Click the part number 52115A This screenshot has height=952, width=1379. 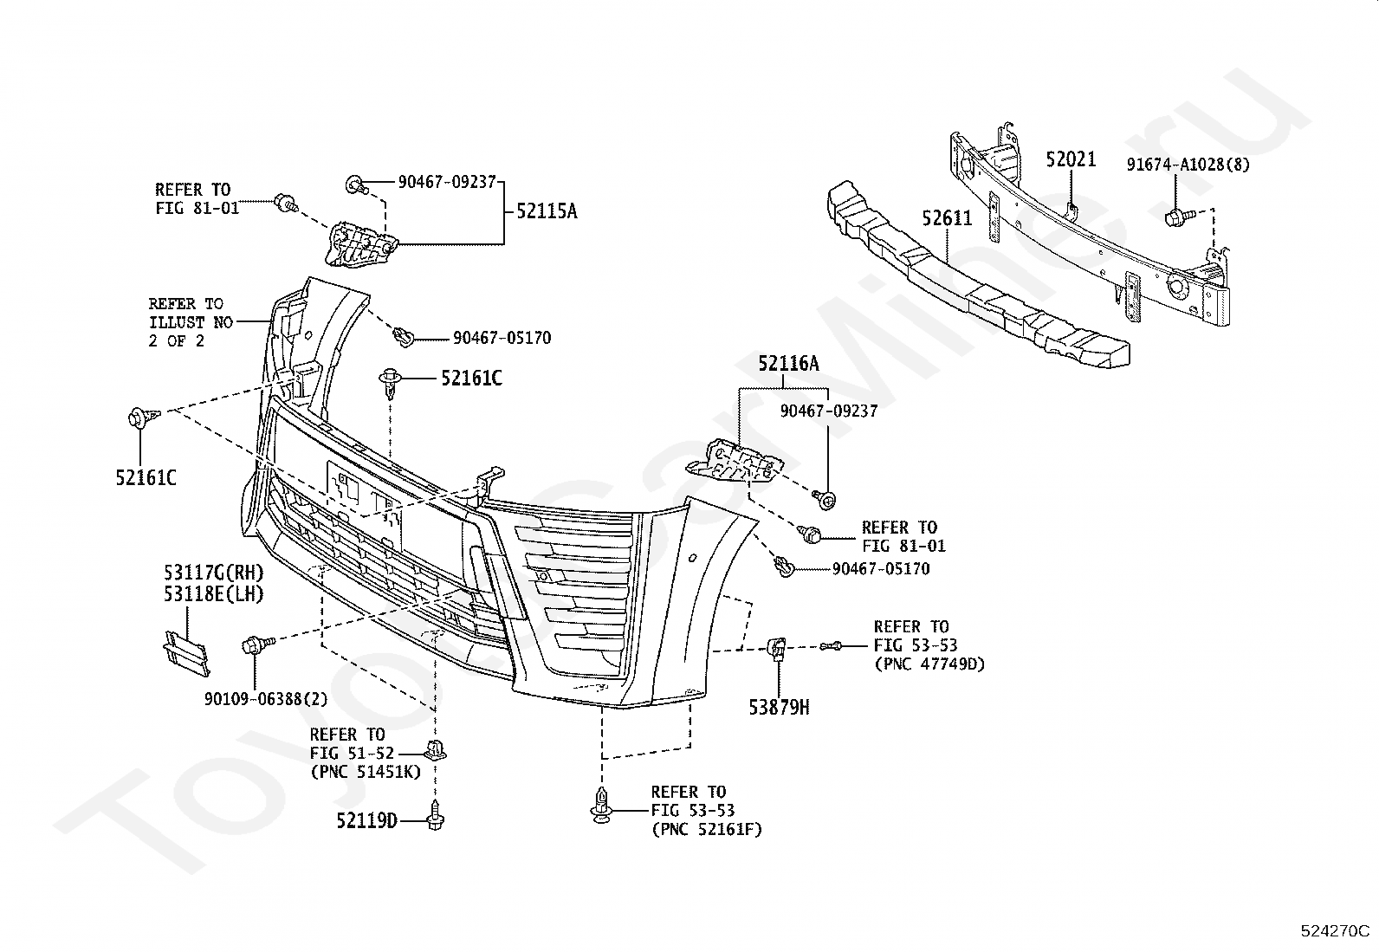tap(547, 211)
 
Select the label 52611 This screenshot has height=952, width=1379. tap(947, 218)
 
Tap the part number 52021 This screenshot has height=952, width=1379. tap(1071, 159)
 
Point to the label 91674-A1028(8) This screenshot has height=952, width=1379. tap(1188, 165)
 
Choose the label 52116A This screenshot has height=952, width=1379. tap(788, 363)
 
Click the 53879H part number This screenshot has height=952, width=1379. tap(779, 708)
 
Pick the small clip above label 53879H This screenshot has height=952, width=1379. tap(776, 649)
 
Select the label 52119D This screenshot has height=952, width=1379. tap(367, 820)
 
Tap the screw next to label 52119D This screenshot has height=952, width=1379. tap(435, 815)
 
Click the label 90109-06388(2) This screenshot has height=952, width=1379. tap(266, 699)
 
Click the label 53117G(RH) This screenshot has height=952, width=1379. tap(214, 573)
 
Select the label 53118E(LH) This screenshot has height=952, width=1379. tap(214, 593)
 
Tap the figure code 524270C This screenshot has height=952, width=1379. tap(1335, 930)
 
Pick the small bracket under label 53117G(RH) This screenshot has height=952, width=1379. tap(186, 653)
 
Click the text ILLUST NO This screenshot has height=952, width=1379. tap(191, 322)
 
